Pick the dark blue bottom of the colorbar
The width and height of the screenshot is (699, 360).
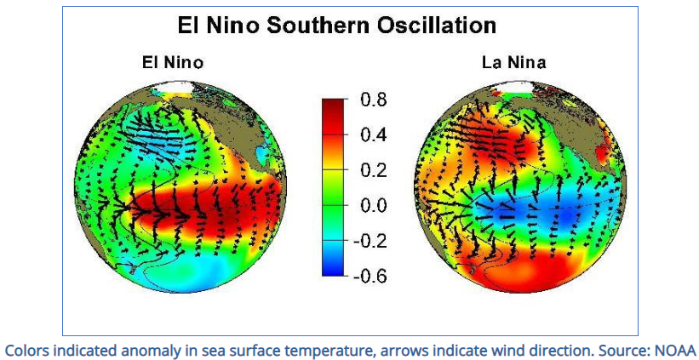335,269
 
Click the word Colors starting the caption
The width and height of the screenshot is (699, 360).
26,349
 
